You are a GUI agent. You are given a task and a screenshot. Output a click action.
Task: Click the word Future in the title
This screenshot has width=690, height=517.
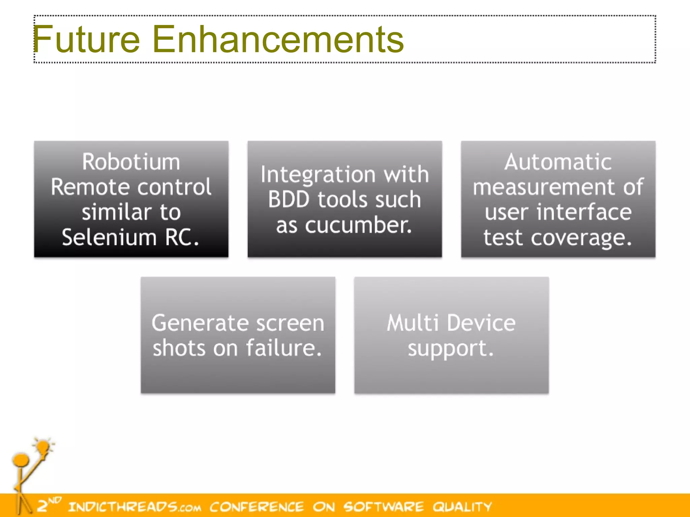[86, 39]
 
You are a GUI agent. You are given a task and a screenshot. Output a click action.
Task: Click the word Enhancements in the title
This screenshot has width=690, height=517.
[278, 39]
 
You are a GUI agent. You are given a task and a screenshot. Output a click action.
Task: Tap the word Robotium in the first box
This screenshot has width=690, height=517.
[131, 162]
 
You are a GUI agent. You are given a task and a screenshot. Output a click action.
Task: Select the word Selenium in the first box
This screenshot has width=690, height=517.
[109, 237]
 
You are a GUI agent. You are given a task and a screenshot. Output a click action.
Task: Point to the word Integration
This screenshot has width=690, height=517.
[318, 175]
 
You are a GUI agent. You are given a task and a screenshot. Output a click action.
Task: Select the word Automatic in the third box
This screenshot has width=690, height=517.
[558, 162]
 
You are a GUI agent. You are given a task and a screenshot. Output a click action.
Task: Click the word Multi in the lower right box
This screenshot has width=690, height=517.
[412, 323]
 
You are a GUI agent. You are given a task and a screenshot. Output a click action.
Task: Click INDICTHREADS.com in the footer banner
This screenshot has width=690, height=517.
[135, 507]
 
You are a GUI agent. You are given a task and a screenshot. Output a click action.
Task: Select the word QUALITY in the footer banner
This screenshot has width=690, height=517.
[462, 507]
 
